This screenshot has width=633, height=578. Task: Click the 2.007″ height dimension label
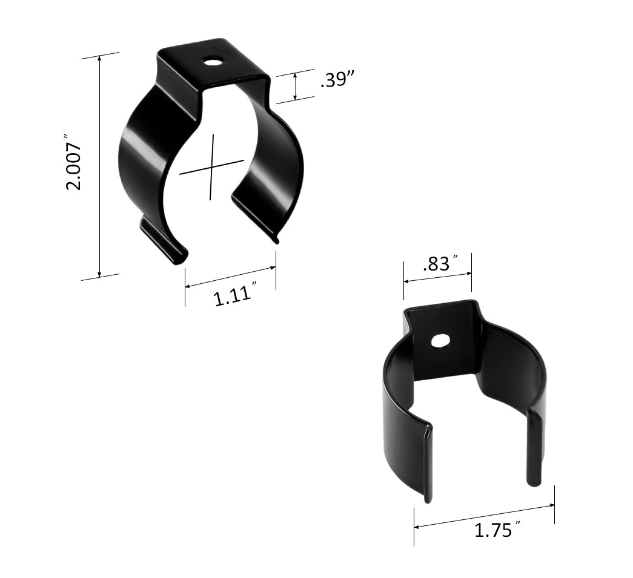[x=73, y=166]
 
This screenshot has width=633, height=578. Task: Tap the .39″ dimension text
[x=337, y=81]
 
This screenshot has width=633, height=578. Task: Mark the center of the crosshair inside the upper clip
[x=212, y=166]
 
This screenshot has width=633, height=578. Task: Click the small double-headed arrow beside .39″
[x=295, y=86]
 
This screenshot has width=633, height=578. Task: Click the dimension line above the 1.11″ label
[x=230, y=277]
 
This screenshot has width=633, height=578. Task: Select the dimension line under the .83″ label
[x=437, y=277]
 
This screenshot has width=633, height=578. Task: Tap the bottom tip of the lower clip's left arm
[x=428, y=499]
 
